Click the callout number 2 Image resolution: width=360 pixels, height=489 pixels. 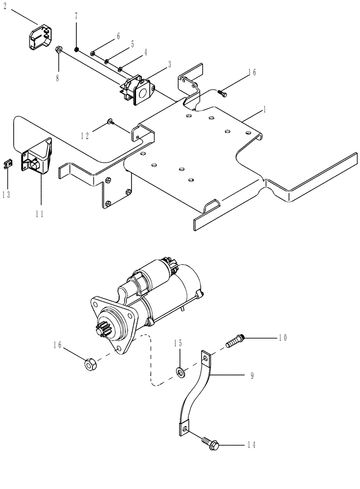pos(6,8)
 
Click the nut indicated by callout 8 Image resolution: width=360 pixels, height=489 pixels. pos(58,49)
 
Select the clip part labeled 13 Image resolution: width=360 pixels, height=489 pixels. pos(7,164)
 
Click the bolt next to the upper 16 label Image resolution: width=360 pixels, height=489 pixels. pos(223,91)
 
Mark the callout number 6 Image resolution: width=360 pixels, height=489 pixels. pos(117,36)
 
